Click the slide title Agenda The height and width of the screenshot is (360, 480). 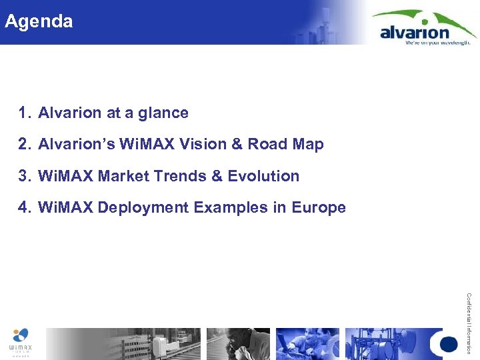[x=39, y=21]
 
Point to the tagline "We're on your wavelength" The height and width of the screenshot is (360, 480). [x=437, y=42]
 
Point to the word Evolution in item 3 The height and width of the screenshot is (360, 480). [x=263, y=176]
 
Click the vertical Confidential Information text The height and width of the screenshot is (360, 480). [x=469, y=323]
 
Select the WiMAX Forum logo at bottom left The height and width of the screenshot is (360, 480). [x=20, y=342]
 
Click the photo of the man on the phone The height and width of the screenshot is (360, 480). [x=238, y=344]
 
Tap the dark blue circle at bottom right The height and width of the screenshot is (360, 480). [x=449, y=344]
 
